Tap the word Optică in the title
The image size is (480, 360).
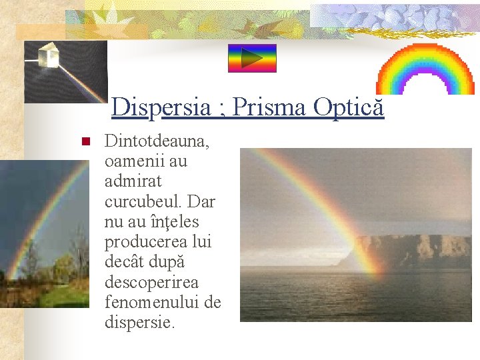click(x=349, y=107)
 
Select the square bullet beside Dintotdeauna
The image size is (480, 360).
click(x=85, y=142)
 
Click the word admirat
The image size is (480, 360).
click(x=133, y=181)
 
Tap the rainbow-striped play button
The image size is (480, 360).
click(x=251, y=59)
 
